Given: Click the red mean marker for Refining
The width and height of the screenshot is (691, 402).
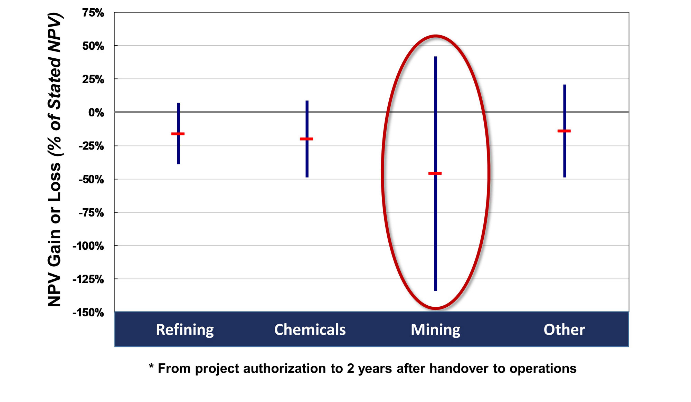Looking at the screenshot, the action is pyautogui.click(x=178, y=134).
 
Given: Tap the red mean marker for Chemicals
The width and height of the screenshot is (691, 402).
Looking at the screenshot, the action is pyautogui.click(x=306, y=139).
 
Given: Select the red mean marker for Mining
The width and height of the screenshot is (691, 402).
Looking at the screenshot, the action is pyautogui.click(x=435, y=173).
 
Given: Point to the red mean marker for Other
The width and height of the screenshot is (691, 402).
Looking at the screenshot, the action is pyautogui.click(x=564, y=131).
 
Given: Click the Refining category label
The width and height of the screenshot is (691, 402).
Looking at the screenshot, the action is pyautogui.click(x=185, y=330).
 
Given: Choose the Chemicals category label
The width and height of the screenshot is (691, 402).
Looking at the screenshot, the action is pyautogui.click(x=310, y=329).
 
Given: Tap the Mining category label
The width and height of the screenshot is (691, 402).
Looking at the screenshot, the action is pyautogui.click(x=435, y=330).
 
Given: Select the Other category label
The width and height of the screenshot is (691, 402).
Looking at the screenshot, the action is pyautogui.click(x=564, y=329).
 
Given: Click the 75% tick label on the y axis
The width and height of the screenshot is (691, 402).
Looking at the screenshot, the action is pyautogui.click(x=93, y=13).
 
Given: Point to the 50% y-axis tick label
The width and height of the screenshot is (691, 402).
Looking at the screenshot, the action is pyautogui.click(x=93, y=46).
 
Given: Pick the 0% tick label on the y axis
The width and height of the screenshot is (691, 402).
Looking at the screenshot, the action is pyautogui.click(x=96, y=113).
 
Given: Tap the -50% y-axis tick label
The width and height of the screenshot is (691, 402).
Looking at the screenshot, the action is pyautogui.click(x=92, y=179).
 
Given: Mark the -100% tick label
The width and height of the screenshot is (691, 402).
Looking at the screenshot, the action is pyautogui.click(x=88, y=246).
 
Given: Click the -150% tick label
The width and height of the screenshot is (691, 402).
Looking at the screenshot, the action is pyautogui.click(x=88, y=313).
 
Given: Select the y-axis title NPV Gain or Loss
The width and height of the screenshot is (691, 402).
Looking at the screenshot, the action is pyautogui.click(x=55, y=235).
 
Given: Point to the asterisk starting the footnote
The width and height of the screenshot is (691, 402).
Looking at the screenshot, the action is pyautogui.click(x=151, y=366).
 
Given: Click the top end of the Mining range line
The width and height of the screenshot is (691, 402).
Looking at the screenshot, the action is pyautogui.click(x=436, y=57).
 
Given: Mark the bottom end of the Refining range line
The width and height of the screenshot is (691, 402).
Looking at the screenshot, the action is pyautogui.click(x=178, y=164).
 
